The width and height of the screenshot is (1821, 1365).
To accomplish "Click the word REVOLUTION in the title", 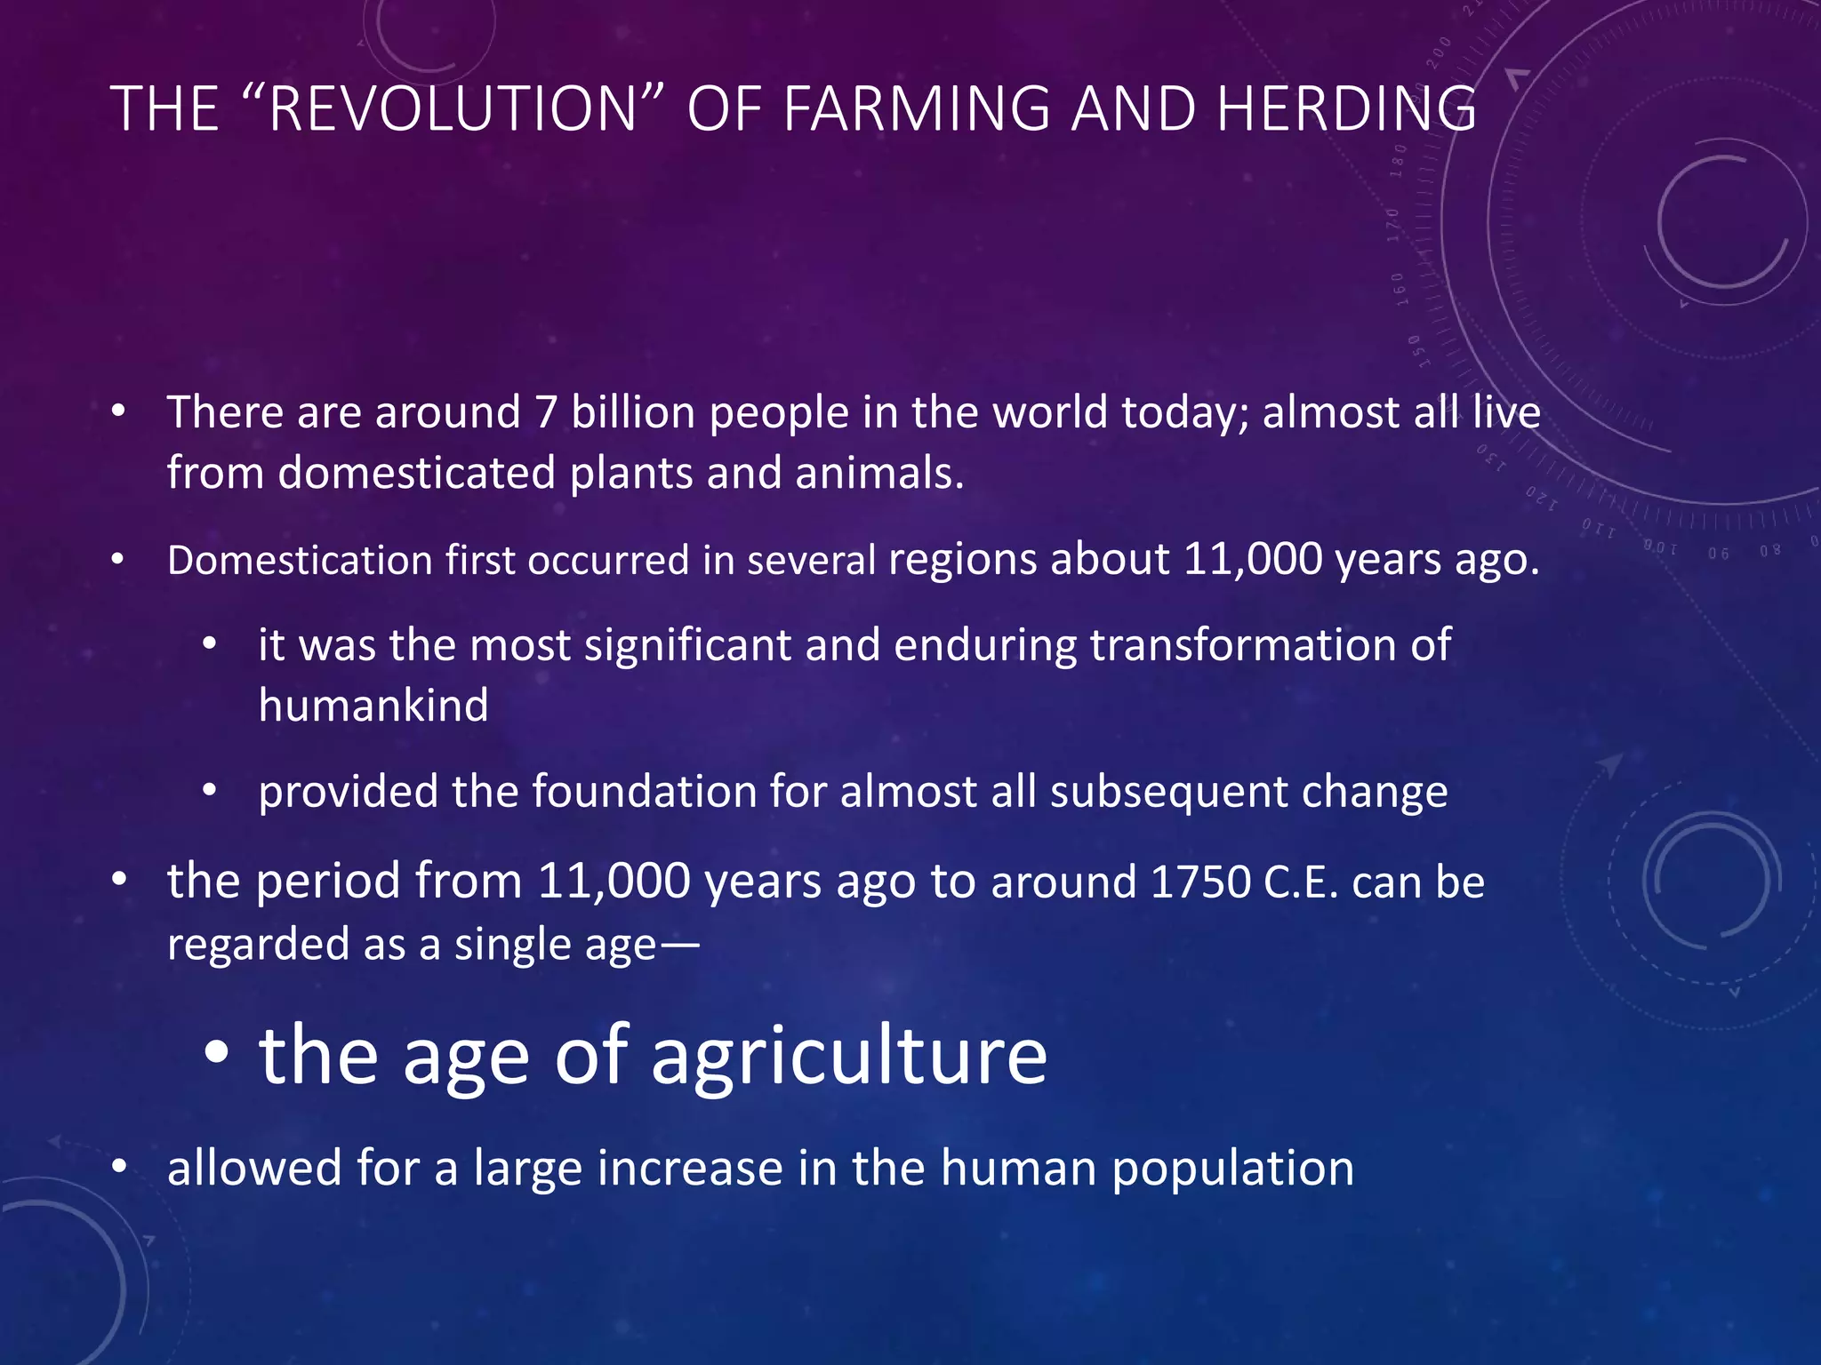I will [x=452, y=109].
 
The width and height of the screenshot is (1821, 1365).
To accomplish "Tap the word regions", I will [x=962, y=562].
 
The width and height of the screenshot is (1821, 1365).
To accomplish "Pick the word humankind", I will [x=373, y=706].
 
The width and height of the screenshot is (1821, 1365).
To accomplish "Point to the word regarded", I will [x=257, y=945].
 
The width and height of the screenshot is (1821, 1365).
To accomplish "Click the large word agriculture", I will [x=849, y=1056].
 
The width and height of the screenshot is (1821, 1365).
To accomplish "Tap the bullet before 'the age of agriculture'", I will [x=216, y=1054].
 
